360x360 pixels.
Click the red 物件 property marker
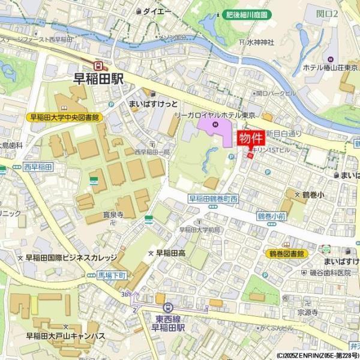coord(251,139)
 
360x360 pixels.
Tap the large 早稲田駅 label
coord(98,78)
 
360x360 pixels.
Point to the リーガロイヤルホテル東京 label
coord(215,115)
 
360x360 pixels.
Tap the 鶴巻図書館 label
coord(286,254)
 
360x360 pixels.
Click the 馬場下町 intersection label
coord(112,275)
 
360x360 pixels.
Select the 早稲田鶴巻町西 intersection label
coord(214,199)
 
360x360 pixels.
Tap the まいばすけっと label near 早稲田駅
coord(153,104)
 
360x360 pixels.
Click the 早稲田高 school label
coord(170,253)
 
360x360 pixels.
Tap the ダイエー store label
coord(157,11)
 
